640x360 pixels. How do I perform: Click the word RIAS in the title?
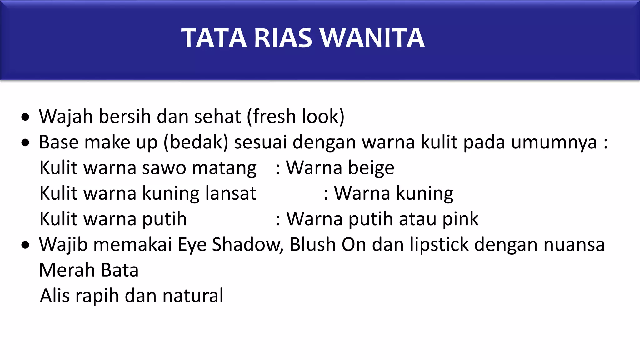pyautogui.click(x=283, y=38)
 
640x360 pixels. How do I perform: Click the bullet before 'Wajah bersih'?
pyautogui.click(x=25, y=117)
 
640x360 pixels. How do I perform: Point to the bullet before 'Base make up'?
pyautogui.click(x=25, y=143)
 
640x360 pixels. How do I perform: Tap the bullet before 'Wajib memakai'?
pyautogui.click(x=25, y=245)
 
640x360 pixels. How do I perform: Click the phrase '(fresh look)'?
pyautogui.click(x=296, y=117)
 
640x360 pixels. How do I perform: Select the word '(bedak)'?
pyautogui.click(x=196, y=142)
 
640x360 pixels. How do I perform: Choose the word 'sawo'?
pyautogui.click(x=164, y=168)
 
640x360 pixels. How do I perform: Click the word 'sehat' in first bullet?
pyautogui.click(x=217, y=117)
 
